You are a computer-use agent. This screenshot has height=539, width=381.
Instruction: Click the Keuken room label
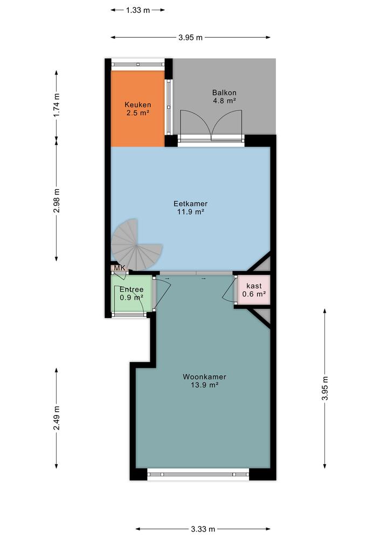point(137,105)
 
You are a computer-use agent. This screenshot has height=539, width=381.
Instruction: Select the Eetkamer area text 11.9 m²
point(190,212)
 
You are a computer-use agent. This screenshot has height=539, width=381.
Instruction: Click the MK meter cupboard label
point(119,268)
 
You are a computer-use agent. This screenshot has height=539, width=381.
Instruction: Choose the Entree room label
point(131,289)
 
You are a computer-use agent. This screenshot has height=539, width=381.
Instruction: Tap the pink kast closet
point(253,290)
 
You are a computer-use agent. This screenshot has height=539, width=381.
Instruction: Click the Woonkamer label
point(204,377)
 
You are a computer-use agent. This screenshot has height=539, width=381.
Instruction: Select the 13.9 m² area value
point(204,385)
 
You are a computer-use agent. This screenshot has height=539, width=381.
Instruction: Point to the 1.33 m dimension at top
point(138,10)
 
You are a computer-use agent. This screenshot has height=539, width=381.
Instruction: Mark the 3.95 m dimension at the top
point(191,38)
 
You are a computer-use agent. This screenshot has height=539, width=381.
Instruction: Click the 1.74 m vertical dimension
point(57,105)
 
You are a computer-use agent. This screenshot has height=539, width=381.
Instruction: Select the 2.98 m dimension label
point(57,200)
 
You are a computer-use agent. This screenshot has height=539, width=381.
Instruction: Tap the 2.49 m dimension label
point(57,418)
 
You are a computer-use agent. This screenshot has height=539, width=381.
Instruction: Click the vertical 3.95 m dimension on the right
point(324,388)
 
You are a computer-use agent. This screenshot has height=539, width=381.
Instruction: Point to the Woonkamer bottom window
point(198,474)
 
